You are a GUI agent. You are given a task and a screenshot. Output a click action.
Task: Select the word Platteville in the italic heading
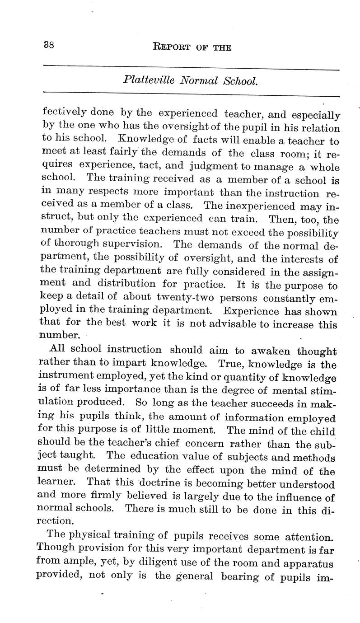(145, 82)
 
